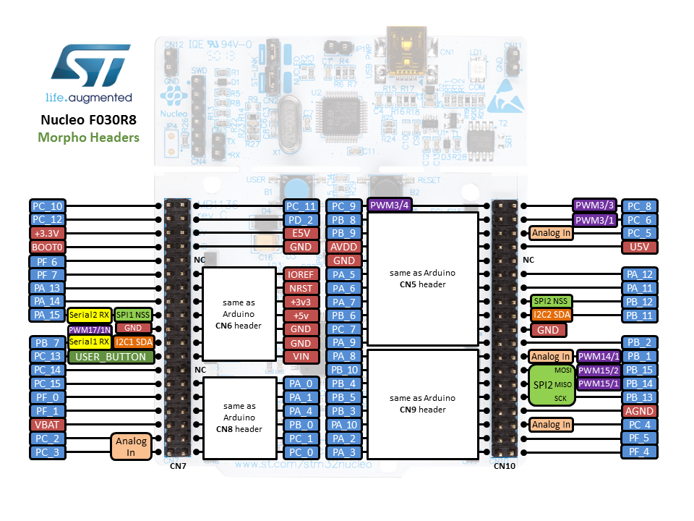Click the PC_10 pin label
tap(48, 206)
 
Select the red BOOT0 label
tap(48, 247)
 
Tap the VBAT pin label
tap(48, 425)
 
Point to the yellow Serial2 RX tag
tap(90, 315)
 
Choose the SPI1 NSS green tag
tap(132, 315)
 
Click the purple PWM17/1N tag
tap(90, 329)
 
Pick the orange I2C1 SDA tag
tap(132, 342)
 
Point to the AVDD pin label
tap(344, 247)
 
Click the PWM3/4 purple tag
tap(390, 205)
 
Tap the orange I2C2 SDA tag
tap(552, 315)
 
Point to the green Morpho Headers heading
tap(89, 137)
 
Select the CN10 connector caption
tap(505, 467)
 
